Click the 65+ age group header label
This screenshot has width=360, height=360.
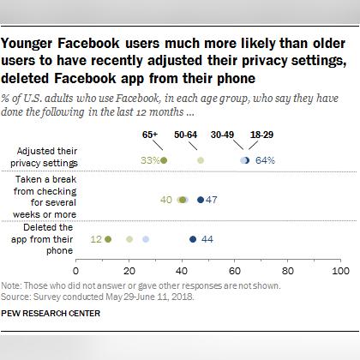click(152, 134)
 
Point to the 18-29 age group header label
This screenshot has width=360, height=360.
click(261, 134)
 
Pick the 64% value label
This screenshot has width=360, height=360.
click(264, 160)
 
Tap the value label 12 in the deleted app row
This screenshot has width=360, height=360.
click(97, 240)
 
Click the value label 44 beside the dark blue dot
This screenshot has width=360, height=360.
click(207, 240)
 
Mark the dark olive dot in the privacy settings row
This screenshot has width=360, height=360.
click(164, 160)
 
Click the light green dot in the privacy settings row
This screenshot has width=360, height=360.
click(201, 160)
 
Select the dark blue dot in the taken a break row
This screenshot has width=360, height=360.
click(201, 200)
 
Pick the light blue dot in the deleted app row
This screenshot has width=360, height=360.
click(146, 240)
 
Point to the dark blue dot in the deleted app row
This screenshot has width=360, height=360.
click(193, 240)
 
